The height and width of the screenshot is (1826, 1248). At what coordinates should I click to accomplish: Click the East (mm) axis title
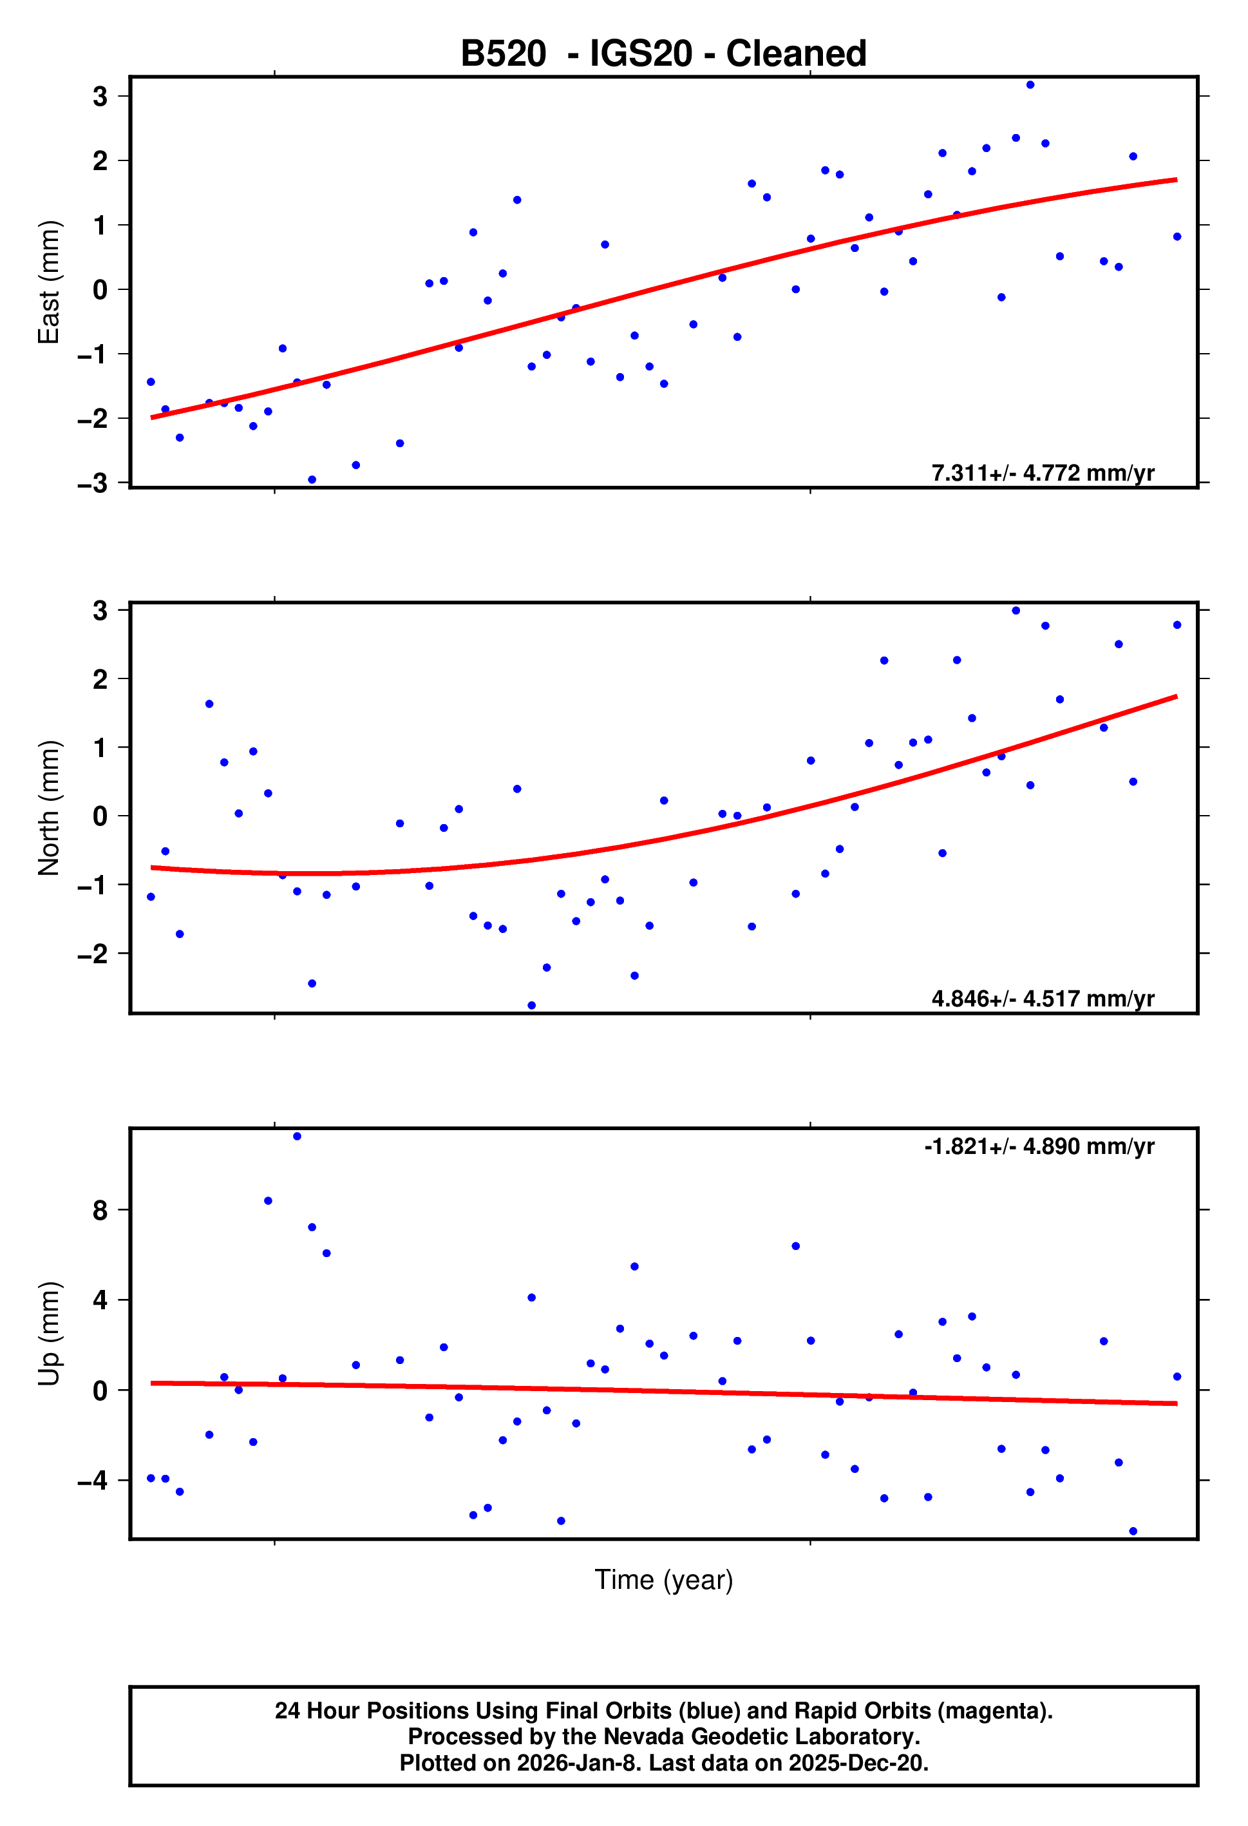coord(49,282)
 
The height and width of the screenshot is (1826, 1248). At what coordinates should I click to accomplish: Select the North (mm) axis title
coord(49,808)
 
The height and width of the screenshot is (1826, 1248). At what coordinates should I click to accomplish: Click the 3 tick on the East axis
coord(100,97)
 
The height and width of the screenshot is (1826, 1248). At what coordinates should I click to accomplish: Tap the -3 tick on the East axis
coord(93,483)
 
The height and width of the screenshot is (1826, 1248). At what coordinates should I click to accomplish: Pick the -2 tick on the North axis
coord(93,954)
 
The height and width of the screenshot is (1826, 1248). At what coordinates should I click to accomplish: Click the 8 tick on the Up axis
coord(100,1211)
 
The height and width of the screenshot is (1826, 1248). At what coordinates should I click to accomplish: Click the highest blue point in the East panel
coord(1030,85)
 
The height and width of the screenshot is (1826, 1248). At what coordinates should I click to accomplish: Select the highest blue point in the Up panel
coord(297,1136)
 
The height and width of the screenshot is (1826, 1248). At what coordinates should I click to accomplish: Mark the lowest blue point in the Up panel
coord(1133,1532)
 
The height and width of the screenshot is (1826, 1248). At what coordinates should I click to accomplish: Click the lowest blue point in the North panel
coord(532,1006)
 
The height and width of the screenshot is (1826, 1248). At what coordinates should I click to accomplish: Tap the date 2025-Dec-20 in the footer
coord(858,1762)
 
